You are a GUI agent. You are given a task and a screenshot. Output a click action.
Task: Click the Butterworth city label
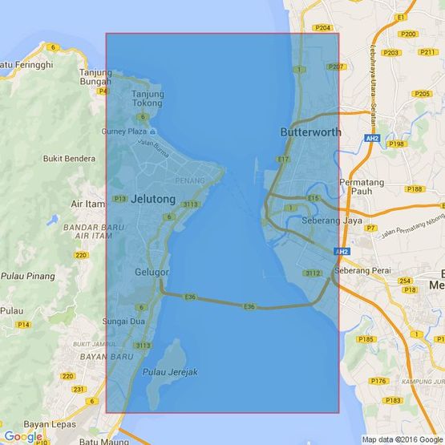[x=310, y=132]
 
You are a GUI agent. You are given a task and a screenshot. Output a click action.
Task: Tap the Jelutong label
[x=152, y=198]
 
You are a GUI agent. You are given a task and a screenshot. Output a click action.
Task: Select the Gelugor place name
[x=152, y=272]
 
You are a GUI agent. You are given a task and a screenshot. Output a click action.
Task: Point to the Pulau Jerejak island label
[x=170, y=372]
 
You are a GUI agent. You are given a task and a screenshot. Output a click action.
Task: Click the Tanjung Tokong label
[x=148, y=99]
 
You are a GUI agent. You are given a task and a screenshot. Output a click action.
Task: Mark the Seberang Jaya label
[x=332, y=220]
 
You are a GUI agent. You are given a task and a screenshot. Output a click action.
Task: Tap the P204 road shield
[x=323, y=28]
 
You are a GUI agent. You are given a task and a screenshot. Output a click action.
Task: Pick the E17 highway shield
[x=283, y=160]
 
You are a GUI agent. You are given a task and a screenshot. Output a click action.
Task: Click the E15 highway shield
[x=313, y=198]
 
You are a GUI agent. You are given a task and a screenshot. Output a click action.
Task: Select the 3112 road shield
[x=313, y=273]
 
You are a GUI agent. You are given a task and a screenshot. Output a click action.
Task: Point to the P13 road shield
[x=119, y=199]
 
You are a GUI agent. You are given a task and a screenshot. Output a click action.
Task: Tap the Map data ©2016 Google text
[x=401, y=439]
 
